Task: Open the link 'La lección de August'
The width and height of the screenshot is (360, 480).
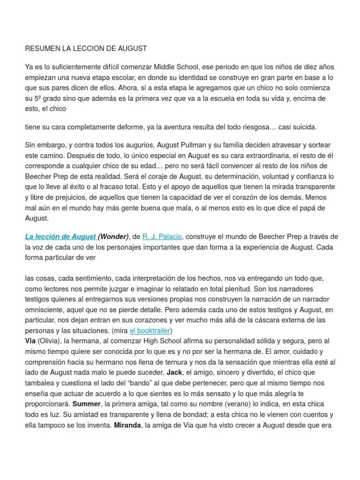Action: click(x=60, y=237)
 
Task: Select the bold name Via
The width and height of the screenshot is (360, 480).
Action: click(x=30, y=341)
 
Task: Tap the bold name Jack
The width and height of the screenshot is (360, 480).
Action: click(x=174, y=372)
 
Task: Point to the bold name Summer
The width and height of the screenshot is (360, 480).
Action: click(x=87, y=404)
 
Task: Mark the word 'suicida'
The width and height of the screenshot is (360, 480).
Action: click(x=304, y=127)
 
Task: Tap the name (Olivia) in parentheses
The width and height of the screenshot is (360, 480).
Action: click(x=50, y=341)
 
